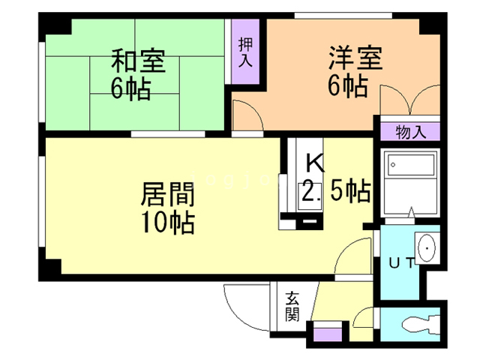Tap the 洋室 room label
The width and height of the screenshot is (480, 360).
coord(355,58)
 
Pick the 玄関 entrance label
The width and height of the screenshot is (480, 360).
coord(290,305)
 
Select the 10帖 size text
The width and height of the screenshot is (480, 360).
coord(168,223)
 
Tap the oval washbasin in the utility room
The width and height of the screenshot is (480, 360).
coord(426,247)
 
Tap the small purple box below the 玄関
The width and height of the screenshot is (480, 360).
coord(325,331)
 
